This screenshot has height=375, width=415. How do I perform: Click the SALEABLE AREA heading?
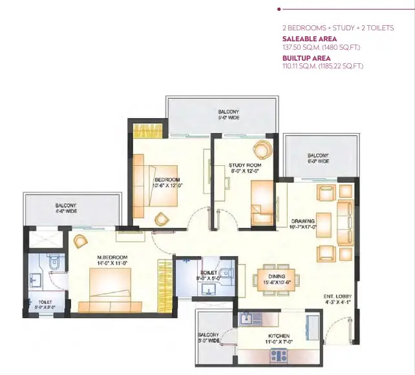point(310,39)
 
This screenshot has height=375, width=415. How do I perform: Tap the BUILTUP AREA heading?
point(306,58)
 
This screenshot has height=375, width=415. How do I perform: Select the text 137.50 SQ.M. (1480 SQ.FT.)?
point(321,48)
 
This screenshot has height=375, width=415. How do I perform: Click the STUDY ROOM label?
point(245,165)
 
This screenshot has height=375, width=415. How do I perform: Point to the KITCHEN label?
point(279,336)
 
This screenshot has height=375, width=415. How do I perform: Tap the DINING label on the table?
point(277,276)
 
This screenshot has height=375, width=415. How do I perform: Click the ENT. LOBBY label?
point(337,296)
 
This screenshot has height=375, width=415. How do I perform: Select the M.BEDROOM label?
point(112,257)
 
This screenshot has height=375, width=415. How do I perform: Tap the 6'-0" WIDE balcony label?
point(318,161)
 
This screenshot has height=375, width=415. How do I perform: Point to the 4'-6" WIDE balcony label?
point(66,211)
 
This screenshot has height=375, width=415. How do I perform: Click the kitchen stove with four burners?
point(279,356)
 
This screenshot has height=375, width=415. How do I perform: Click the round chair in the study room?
point(262,150)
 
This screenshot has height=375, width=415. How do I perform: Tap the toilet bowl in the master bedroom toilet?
point(54,262)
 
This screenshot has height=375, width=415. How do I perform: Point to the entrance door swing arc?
point(334,327)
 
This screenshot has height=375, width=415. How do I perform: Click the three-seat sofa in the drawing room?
point(345,223)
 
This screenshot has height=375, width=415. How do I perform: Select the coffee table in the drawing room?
point(324,223)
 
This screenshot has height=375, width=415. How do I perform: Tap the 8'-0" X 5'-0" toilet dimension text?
point(209,278)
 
